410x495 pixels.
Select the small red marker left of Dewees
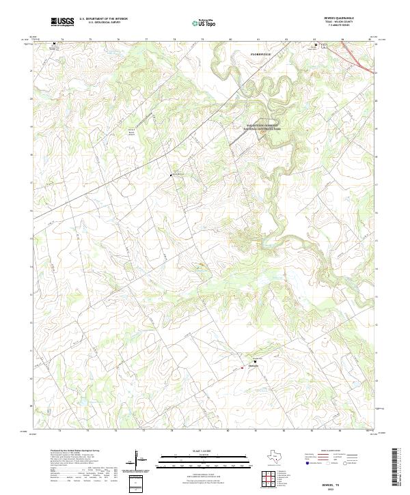coord(241,368)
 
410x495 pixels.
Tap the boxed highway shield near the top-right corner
coord(325,46)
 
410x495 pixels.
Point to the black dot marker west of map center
coord(171,175)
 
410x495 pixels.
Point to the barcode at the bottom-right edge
coord(396,468)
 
